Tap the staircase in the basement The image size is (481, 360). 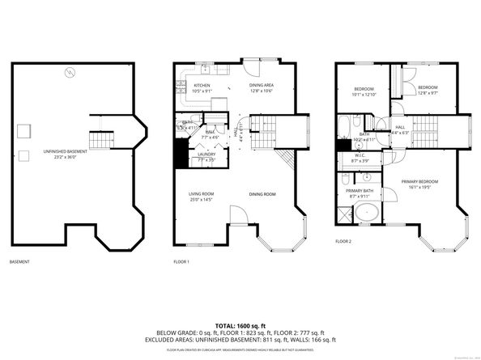[99, 142]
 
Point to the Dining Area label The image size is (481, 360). [260, 87]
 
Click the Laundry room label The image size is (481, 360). [207, 157]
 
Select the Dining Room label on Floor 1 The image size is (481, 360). [262, 194]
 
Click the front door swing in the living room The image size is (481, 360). [239, 214]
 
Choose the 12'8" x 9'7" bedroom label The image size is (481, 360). [427, 90]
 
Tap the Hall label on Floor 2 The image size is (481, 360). [400, 129]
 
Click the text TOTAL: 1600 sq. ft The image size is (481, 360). [240, 324]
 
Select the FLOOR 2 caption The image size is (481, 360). [344, 241]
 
